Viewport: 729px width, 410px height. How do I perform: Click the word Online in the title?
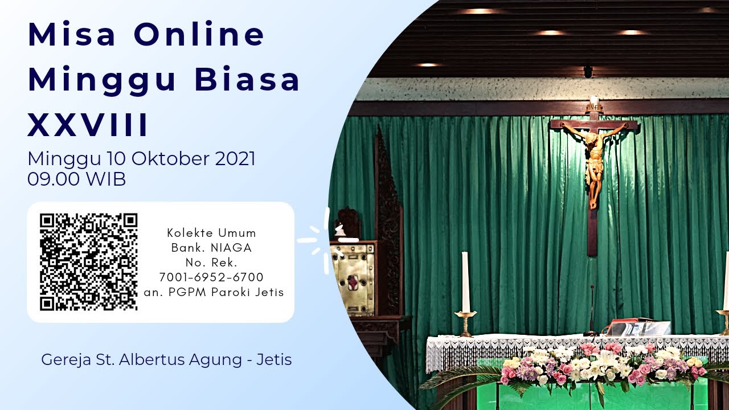[199, 34]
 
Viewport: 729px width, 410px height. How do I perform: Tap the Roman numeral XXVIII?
[88, 125]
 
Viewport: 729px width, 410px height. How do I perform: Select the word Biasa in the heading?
[247, 79]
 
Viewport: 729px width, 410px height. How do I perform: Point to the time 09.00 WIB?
[76, 179]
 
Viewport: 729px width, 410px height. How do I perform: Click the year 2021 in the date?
[235, 159]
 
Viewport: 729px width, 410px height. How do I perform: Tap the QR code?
[88, 262]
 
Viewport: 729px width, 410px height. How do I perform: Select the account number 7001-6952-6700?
[211, 277]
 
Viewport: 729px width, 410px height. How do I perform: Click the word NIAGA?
[231, 248]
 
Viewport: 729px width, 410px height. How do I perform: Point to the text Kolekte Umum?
[211, 233]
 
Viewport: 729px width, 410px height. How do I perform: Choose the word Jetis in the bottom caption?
[274, 360]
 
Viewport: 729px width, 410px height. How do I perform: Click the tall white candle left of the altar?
[466, 282]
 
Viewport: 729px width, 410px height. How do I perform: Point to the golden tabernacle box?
[353, 279]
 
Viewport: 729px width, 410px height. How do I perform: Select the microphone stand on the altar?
[591, 311]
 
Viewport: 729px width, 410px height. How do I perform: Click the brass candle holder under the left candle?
[466, 324]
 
